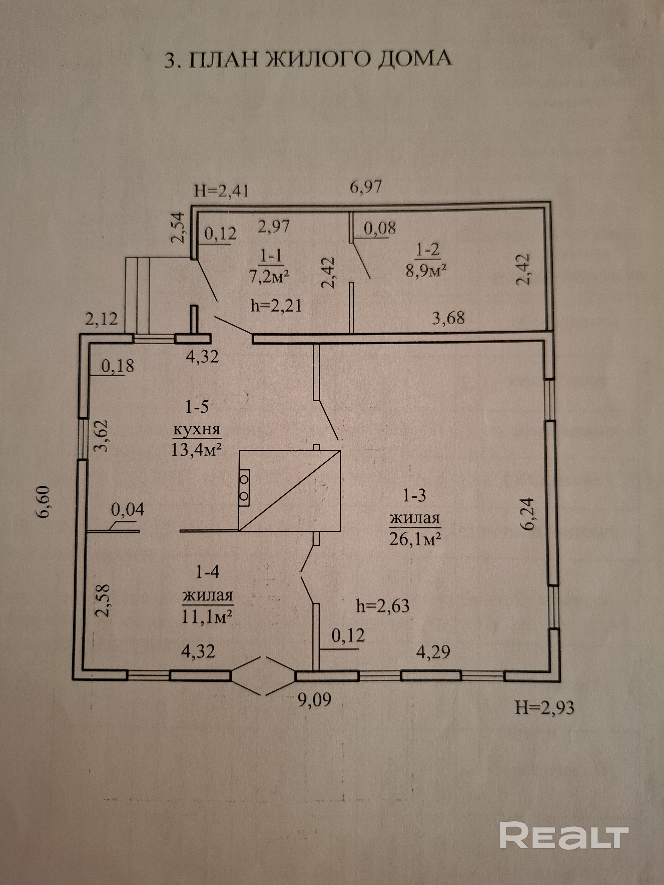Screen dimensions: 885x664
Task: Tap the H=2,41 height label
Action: pos(221,191)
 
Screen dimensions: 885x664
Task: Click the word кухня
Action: pos(197,429)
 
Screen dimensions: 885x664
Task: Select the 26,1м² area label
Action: pos(415,540)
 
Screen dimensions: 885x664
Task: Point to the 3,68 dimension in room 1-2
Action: pos(448,318)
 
